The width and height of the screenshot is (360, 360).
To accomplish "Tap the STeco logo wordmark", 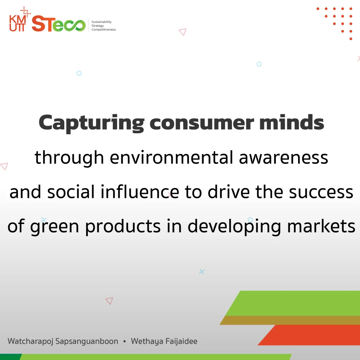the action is (59, 24).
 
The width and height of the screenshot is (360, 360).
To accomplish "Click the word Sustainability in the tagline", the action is (102, 22).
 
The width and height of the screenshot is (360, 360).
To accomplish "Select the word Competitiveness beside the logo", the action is (104, 30).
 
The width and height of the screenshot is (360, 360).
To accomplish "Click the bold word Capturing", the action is (91, 123).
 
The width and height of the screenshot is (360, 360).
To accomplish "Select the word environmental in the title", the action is (172, 157).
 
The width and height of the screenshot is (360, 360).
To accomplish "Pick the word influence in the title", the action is (140, 192).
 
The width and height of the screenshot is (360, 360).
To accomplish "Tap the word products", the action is (123, 227).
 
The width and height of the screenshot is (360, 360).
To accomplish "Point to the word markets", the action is (321, 226).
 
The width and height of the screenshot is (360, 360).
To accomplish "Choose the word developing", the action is (234, 227).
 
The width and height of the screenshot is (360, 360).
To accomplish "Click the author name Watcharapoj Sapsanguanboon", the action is (63, 341).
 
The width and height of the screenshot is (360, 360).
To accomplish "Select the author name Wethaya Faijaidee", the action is (164, 341).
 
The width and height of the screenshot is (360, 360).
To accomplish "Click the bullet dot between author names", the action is (124, 341).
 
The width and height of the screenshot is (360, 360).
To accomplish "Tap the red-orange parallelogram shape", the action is (309, 335).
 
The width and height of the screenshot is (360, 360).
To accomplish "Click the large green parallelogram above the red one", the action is (293, 303).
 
